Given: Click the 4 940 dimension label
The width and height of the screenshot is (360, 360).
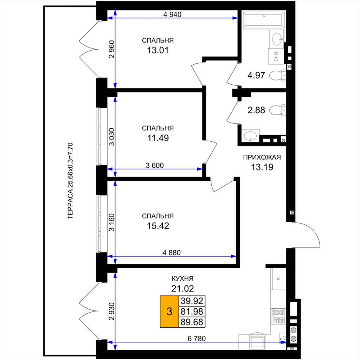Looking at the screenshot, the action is tap(172, 14).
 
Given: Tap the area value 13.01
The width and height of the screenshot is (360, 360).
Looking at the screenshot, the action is tap(158, 50).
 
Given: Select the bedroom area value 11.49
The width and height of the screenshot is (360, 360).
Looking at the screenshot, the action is tap(158, 138).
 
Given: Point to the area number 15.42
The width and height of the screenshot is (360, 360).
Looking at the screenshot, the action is tap(158, 226).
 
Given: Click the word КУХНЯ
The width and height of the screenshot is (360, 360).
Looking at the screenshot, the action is tap(183, 278).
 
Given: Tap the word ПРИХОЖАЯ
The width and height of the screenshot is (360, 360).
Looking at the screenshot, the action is tap(262, 157).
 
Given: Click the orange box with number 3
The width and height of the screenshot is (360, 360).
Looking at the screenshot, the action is tap(169, 311).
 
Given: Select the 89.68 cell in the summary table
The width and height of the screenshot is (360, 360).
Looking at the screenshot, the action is tap(192, 322).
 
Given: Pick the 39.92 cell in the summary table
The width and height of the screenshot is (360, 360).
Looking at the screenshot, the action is tap(192, 301).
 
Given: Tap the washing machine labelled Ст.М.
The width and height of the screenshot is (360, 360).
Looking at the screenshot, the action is tap(276, 56).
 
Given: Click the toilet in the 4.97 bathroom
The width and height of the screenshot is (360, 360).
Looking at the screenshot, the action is tap(278, 76).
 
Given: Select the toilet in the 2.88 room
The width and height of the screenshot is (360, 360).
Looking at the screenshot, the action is tap(278, 110).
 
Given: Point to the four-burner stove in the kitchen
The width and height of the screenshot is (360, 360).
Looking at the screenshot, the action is tap(278, 316).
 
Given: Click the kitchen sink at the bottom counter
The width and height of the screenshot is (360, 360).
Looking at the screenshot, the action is tap(257, 342).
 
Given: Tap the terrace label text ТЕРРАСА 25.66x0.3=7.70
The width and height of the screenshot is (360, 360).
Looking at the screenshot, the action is tap(70, 181).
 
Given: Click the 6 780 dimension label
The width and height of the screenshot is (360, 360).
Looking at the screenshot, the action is tap(197, 339).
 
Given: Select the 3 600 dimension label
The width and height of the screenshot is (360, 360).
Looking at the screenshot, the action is tap(155, 165).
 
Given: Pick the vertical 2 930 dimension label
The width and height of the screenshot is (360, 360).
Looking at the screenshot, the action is tap(112, 311).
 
